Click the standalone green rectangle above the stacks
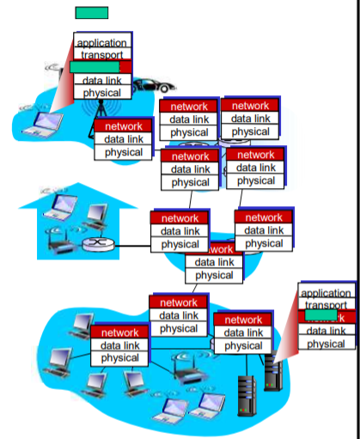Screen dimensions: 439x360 (x=92, y=13)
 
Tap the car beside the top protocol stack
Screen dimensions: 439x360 (x=156, y=86)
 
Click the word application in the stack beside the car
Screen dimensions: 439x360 (x=101, y=42)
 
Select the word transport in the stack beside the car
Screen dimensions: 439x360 (x=101, y=54)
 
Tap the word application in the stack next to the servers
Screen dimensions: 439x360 (x=326, y=294)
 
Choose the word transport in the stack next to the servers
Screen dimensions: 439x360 (x=326, y=305)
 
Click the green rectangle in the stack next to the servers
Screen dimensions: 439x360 (x=319, y=316)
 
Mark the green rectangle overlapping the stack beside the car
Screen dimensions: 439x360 (x=94, y=66)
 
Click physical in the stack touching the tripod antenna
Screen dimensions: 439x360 (x=123, y=152)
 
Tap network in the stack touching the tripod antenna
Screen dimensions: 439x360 (x=123, y=126)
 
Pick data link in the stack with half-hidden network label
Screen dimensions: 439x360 (x=214, y=262)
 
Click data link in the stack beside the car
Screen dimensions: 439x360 (x=101, y=80)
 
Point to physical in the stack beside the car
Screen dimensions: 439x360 (x=101, y=92)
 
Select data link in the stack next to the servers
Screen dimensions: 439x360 (x=326, y=331)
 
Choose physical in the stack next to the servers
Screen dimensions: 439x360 (x=326, y=344)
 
